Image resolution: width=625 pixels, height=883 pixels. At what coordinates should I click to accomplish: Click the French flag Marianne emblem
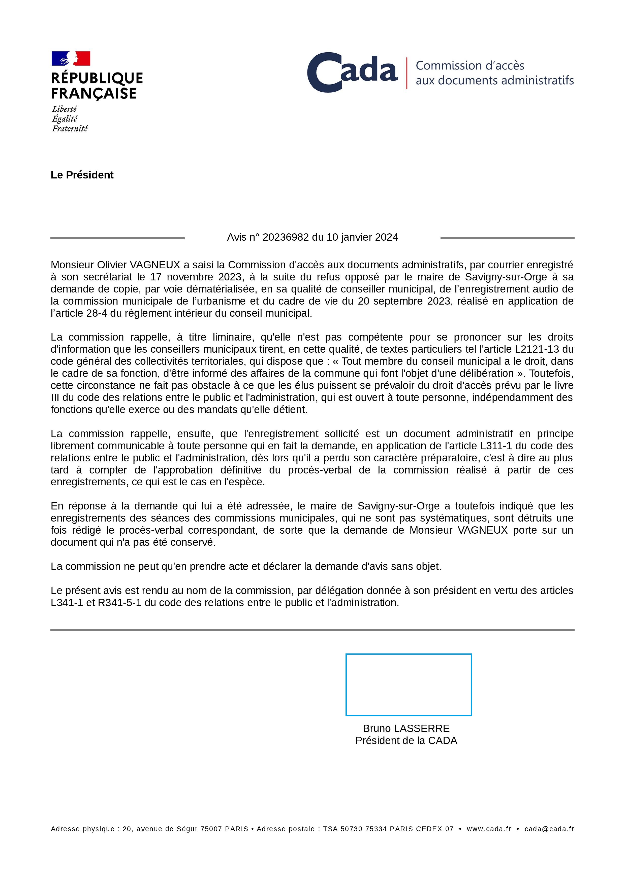(x=71, y=58)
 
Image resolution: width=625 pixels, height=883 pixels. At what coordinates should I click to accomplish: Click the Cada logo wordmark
(x=352, y=72)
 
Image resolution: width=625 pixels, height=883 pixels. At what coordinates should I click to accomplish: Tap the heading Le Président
(x=82, y=175)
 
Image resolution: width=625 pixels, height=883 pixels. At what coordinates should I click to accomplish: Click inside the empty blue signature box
(x=408, y=685)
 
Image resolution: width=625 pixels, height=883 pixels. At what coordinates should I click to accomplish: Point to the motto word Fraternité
(x=70, y=128)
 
